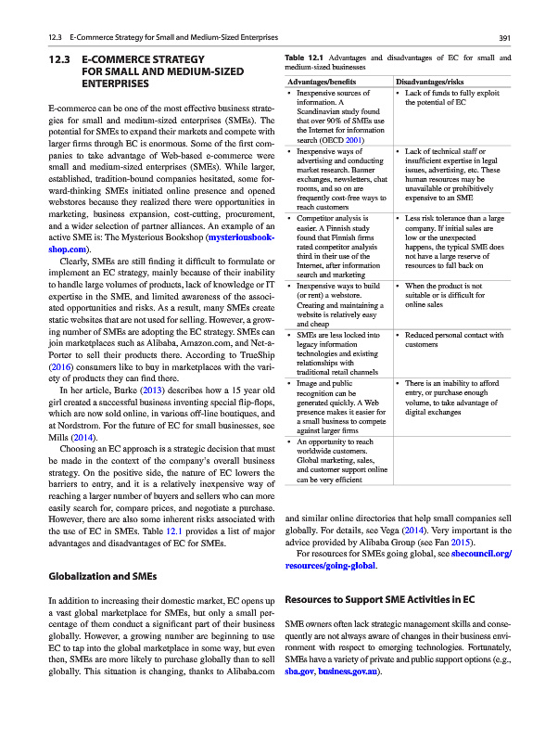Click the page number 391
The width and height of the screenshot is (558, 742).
point(505,38)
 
